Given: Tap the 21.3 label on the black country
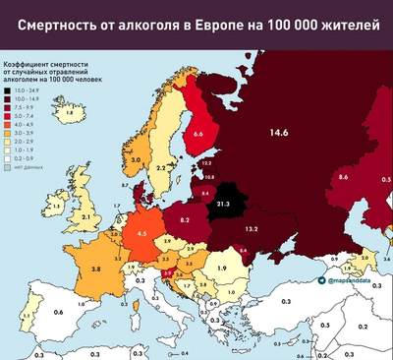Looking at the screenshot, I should pyautogui.click(x=223, y=204).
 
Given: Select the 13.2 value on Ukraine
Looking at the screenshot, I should pyautogui.click(x=252, y=229).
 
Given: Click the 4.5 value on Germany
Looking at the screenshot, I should pyautogui.click(x=141, y=233).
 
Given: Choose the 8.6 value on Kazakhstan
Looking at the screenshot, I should pyautogui.click(x=343, y=176).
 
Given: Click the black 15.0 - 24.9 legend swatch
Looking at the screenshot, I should pyautogui.click(x=7, y=89).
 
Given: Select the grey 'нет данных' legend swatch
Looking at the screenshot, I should pyautogui.click(x=7, y=168).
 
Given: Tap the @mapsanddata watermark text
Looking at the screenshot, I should pyautogui.click(x=350, y=280).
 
